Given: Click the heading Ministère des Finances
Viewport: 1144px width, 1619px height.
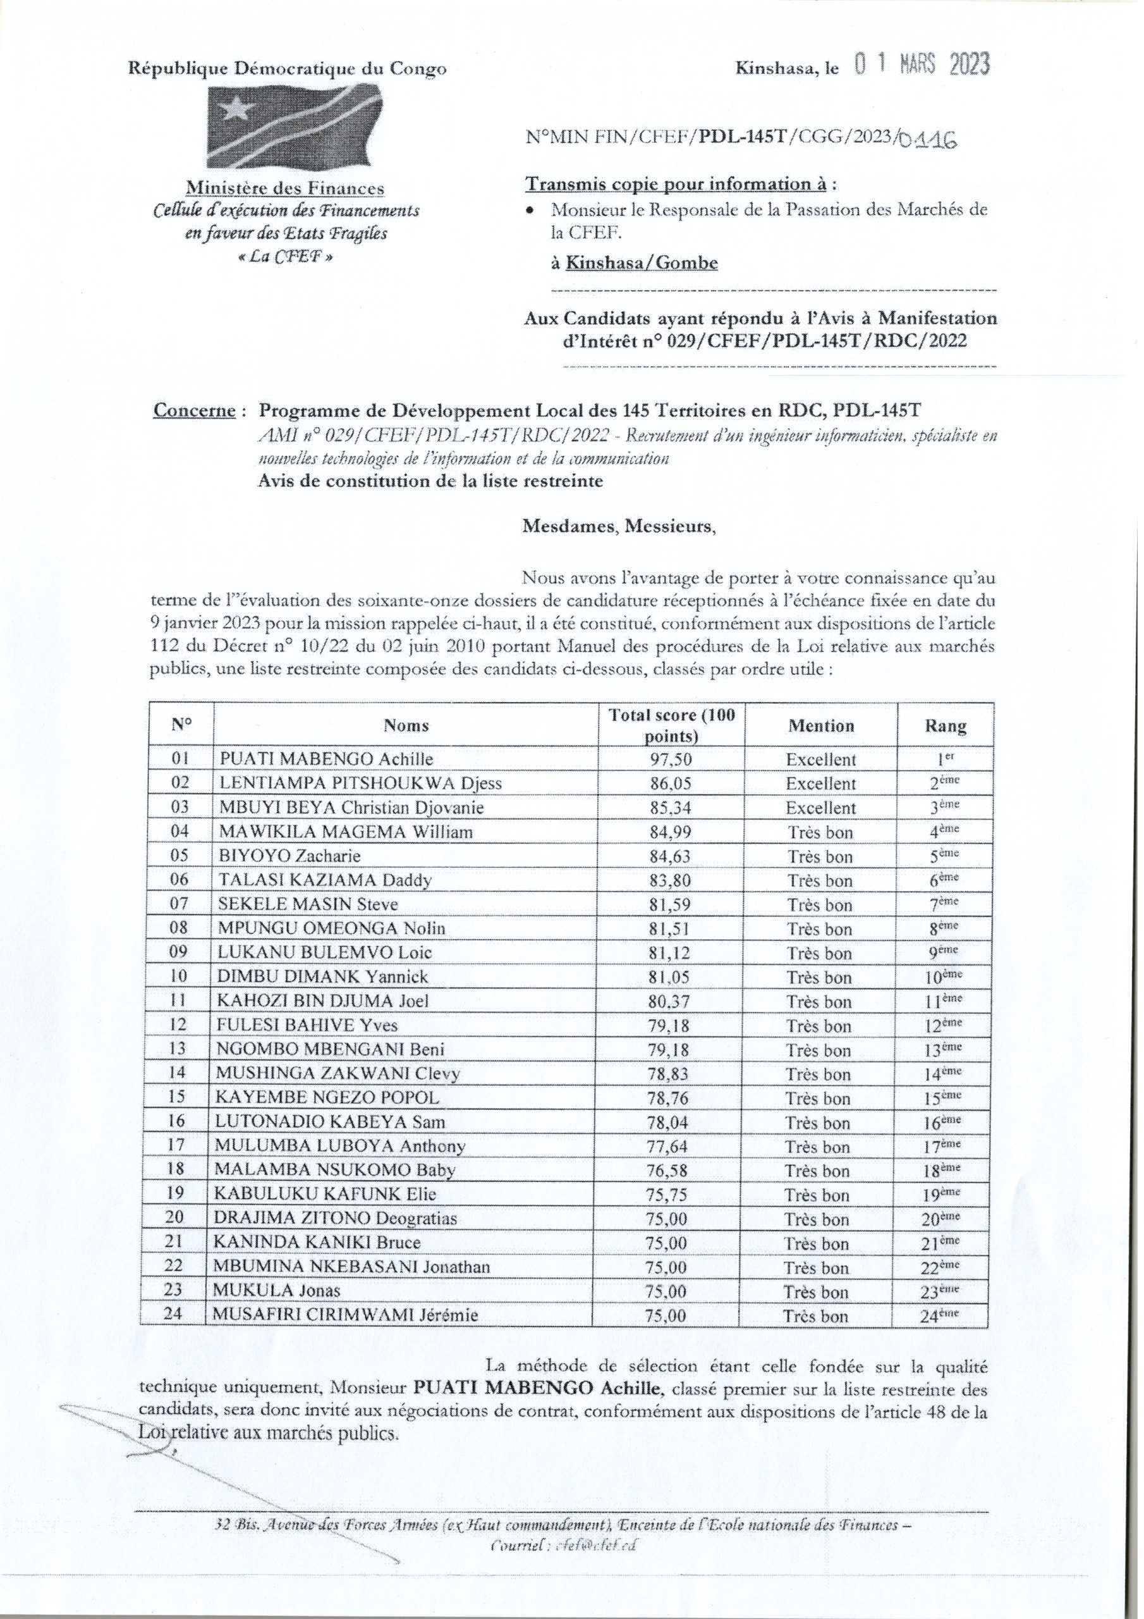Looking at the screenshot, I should click(285, 188).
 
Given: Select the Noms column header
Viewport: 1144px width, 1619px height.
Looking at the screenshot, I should click(406, 725).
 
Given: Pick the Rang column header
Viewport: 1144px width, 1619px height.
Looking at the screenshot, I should click(946, 726).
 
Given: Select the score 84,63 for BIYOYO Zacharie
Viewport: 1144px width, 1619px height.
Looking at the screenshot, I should click(669, 856).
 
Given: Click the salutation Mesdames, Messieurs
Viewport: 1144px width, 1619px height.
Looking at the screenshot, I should click(618, 526).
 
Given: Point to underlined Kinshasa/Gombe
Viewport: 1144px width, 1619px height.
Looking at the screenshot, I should click(643, 263).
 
